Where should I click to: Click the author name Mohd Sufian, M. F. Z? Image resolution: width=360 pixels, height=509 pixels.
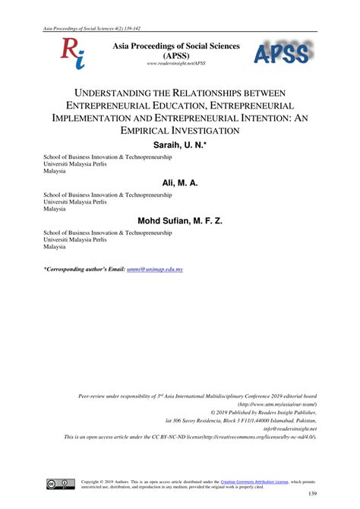(180, 221)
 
